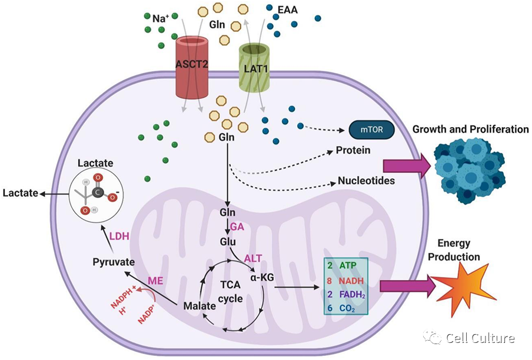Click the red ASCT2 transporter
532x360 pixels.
click(x=192, y=67)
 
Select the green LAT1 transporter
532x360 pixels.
click(x=255, y=68)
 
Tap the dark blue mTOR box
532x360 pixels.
click(x=371, y=129)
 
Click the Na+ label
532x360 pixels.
click(x=160, y=18)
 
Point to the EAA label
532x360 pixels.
click(x=287, y=10)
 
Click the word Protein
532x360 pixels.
click(x=353, y=150)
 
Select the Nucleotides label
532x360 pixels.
click(x=366, y=181)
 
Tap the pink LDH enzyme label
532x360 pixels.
click(x=119, y=236)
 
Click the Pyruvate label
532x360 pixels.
click(x=114, y=262)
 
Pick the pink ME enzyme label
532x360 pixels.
click(x=155, y=281)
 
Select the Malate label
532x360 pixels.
click(x=199, y=306)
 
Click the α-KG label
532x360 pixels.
click(x=262, y=277)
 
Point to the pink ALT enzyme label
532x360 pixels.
click(x=253, y=258)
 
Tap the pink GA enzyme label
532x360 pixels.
click(x=237, y=226)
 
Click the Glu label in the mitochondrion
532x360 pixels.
click(x=228, y=242)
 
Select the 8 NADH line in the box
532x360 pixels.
click(x=345, y=281)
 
